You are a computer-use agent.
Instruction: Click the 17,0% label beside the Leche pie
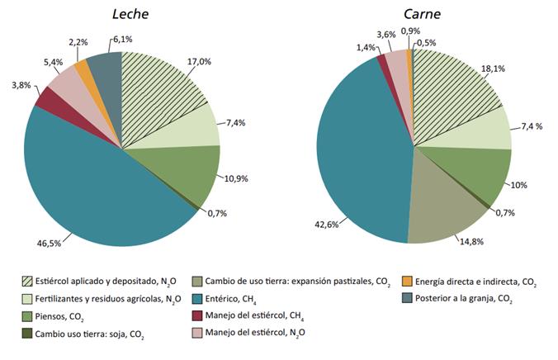221,60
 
